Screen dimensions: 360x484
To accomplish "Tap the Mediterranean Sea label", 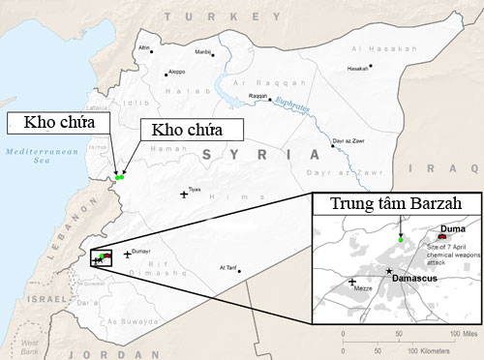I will click(33, 158).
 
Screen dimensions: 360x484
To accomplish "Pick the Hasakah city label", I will click(357, 69).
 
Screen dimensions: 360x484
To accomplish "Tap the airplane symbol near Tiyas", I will click(184, 195).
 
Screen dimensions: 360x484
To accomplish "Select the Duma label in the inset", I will click(452, 228).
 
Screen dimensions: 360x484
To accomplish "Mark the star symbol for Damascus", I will click(389, 271).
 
